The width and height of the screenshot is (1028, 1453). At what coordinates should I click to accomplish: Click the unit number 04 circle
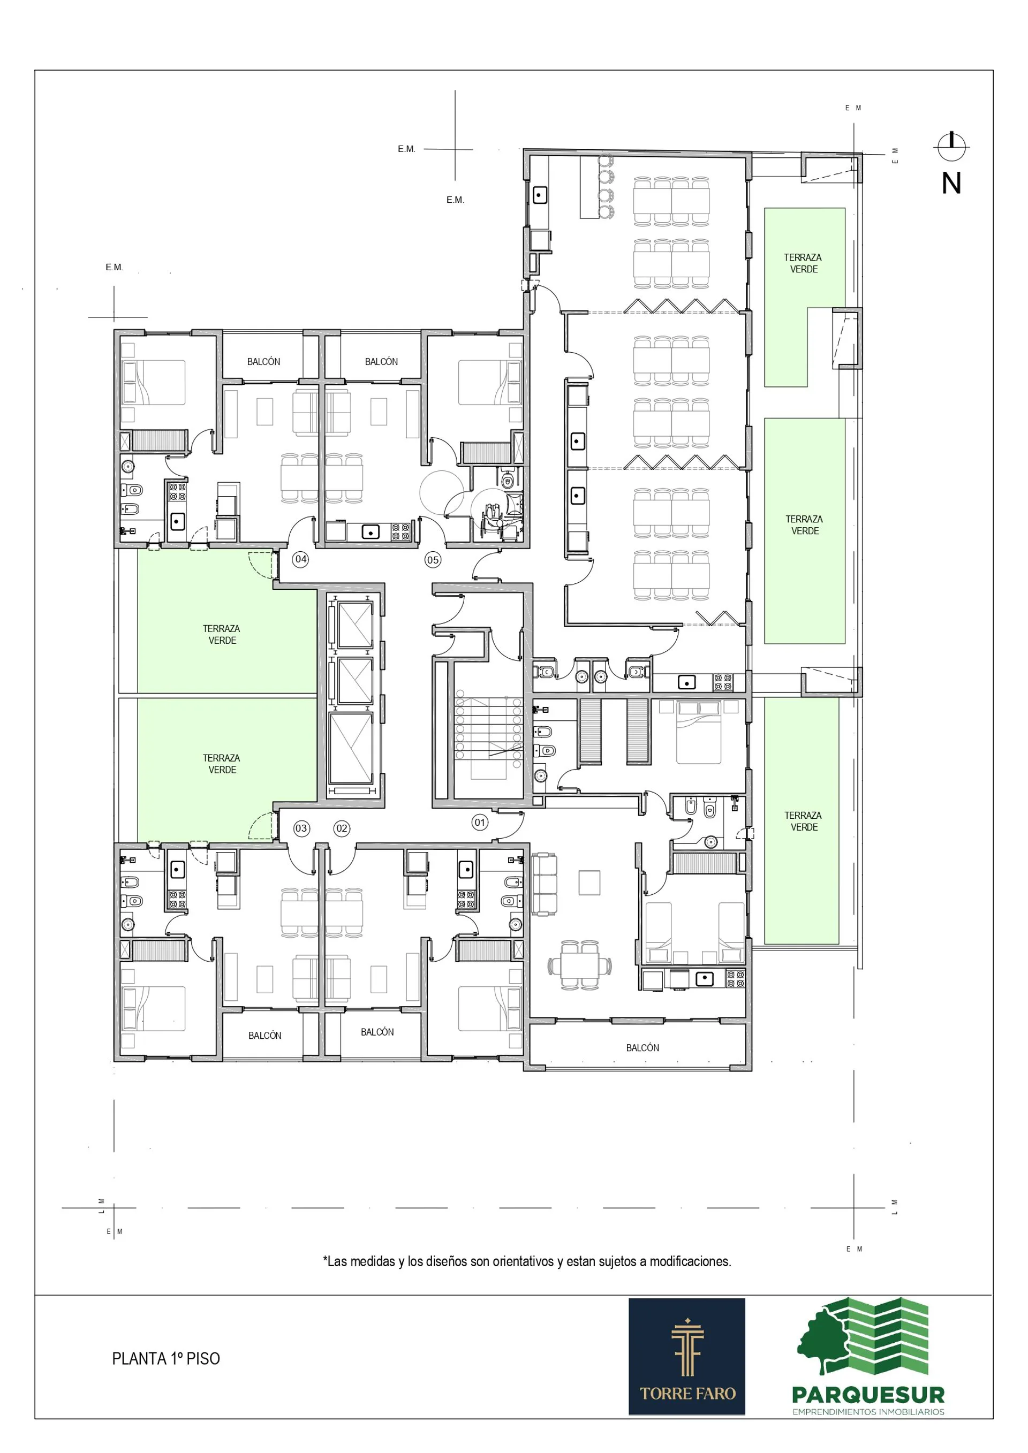301,559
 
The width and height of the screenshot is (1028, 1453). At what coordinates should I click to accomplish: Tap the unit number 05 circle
433,560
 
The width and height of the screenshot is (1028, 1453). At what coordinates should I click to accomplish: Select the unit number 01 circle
480,823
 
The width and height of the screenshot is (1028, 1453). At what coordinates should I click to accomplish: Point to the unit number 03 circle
301,828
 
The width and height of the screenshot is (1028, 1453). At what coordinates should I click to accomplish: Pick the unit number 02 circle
342,828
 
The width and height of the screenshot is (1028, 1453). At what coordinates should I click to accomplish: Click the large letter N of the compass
951,184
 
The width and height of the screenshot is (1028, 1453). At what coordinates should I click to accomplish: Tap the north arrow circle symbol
951,146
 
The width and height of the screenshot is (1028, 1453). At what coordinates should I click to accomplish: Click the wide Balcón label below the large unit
642,1048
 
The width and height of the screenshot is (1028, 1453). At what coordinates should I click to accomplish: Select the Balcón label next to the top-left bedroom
263,361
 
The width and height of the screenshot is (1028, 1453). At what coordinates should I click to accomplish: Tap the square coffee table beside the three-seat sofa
589,883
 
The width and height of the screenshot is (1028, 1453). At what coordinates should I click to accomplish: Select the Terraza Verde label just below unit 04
222,634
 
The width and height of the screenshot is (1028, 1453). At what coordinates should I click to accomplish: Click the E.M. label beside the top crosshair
406,149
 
